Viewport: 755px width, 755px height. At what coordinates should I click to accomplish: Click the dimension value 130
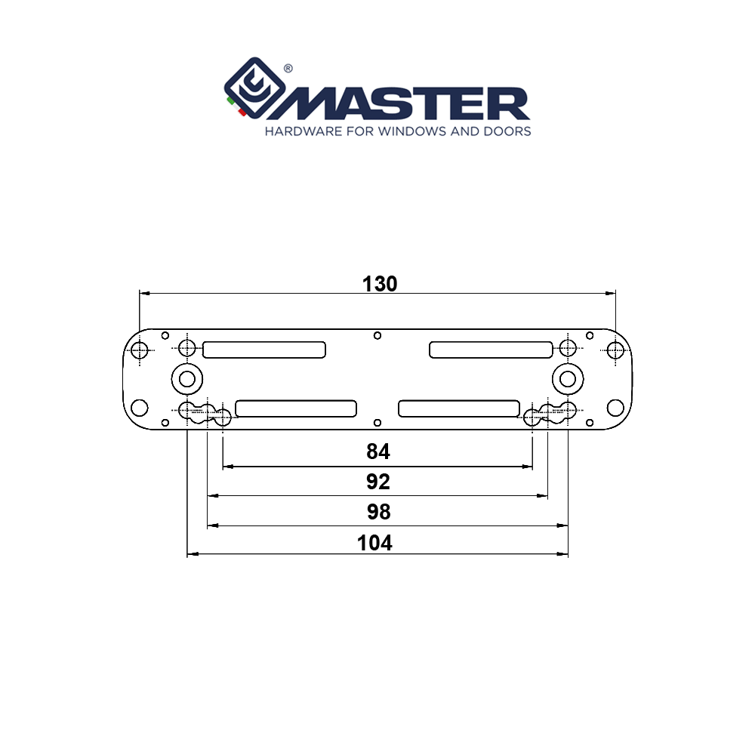tap(379, 284)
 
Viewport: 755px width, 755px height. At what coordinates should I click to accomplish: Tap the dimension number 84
tap(377, 451)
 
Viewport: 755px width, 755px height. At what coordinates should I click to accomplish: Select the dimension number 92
tap(377, 482)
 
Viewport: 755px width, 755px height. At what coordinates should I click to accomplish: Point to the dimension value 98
tap(378, 512)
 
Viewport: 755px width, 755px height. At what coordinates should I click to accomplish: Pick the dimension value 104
tap(375, 543)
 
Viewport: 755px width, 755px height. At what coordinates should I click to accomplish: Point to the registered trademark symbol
tap(288, 68)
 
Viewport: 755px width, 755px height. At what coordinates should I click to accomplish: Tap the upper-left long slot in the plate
tap(264, 350)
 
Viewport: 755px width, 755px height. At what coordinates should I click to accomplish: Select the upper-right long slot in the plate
tap(491, 350)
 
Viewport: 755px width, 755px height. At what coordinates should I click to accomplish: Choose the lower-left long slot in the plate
tap(295, 408)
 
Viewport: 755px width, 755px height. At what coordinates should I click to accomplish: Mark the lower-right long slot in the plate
tap(458, 408)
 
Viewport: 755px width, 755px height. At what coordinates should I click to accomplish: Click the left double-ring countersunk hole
tap(186, 377)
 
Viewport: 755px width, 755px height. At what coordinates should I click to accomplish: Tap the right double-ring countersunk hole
tap(567, 377)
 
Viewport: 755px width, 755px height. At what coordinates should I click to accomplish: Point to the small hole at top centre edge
tap(377, 335)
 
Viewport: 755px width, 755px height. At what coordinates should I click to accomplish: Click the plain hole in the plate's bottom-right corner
tap(615, 408)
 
